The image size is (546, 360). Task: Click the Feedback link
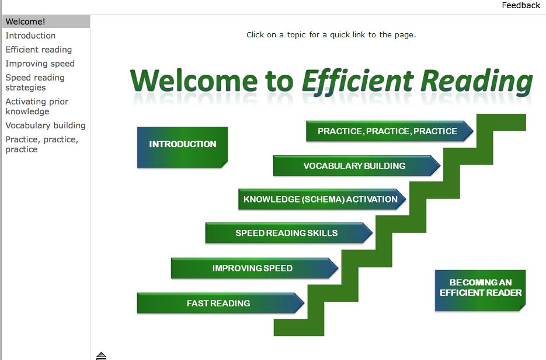(x=521, y=5)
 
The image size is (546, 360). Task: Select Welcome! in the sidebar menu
(x=25, y=22)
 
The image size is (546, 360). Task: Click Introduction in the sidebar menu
(x=30, y=36)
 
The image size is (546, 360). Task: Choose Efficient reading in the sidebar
(x=39, y=50)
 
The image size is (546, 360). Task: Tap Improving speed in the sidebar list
(x=40, y=64)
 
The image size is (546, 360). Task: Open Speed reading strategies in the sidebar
(x=35, y=82)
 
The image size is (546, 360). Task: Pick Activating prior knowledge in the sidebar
(x=37, y=106)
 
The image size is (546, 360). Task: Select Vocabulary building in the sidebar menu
(x=46, y=125)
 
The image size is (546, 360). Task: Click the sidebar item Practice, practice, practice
(x=42, y=144)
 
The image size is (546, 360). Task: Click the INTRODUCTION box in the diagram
(x=182, y=148)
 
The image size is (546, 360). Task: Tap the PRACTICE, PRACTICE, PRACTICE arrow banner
(x=389, y=131)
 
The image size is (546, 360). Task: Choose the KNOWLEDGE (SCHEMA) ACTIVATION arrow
(x=322, y=200)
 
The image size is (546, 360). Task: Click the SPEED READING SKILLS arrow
(x=289, y=233)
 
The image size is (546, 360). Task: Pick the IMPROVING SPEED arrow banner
(x=255, y=268)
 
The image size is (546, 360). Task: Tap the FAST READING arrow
(x=221, y=303)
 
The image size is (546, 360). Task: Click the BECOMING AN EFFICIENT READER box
(x=480, y=291)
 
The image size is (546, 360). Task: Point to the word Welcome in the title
(x=194, y=81)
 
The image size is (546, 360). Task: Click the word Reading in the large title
(x=477, y=82)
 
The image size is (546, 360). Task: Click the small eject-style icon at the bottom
(x=102, y=356)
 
